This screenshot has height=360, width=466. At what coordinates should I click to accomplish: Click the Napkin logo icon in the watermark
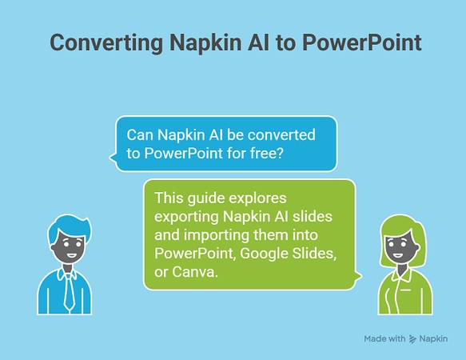tap(412, 339)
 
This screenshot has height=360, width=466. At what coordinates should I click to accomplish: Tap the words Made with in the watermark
tap(384, 339)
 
